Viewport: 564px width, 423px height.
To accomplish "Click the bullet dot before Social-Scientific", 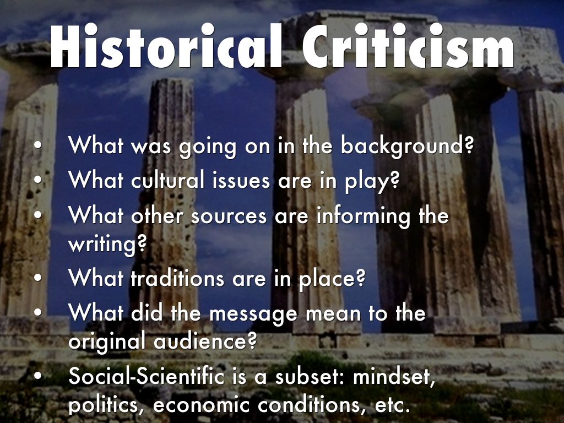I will point(37,377).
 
